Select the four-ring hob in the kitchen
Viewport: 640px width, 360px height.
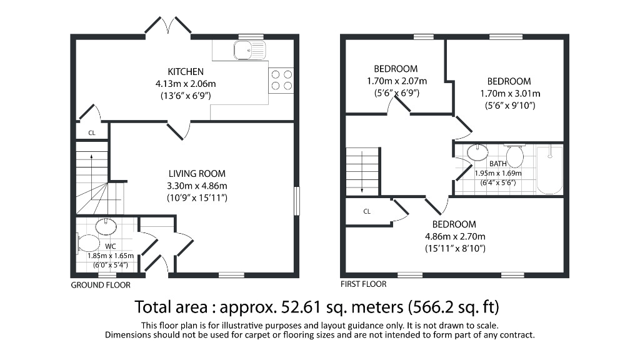(x=281, y=79)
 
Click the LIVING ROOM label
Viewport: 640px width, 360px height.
(x=196, y=174)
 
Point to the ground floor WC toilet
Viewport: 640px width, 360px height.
(x=88, y=243)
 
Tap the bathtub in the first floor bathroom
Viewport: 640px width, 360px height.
(x=550, y=170)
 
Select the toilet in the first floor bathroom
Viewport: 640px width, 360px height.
(x=514, y=155)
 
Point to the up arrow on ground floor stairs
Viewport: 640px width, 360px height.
(x=91, y=161)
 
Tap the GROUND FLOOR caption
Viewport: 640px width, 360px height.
(x=101, y=285)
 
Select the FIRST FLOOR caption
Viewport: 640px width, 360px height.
(x=363, y=284)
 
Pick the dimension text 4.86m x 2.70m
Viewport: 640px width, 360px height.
(x=455, y=236)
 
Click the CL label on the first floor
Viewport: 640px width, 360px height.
(x=367, y=211)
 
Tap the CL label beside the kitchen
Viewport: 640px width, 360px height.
(x=91, y=132)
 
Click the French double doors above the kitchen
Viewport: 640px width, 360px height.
(x=168, y=26)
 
